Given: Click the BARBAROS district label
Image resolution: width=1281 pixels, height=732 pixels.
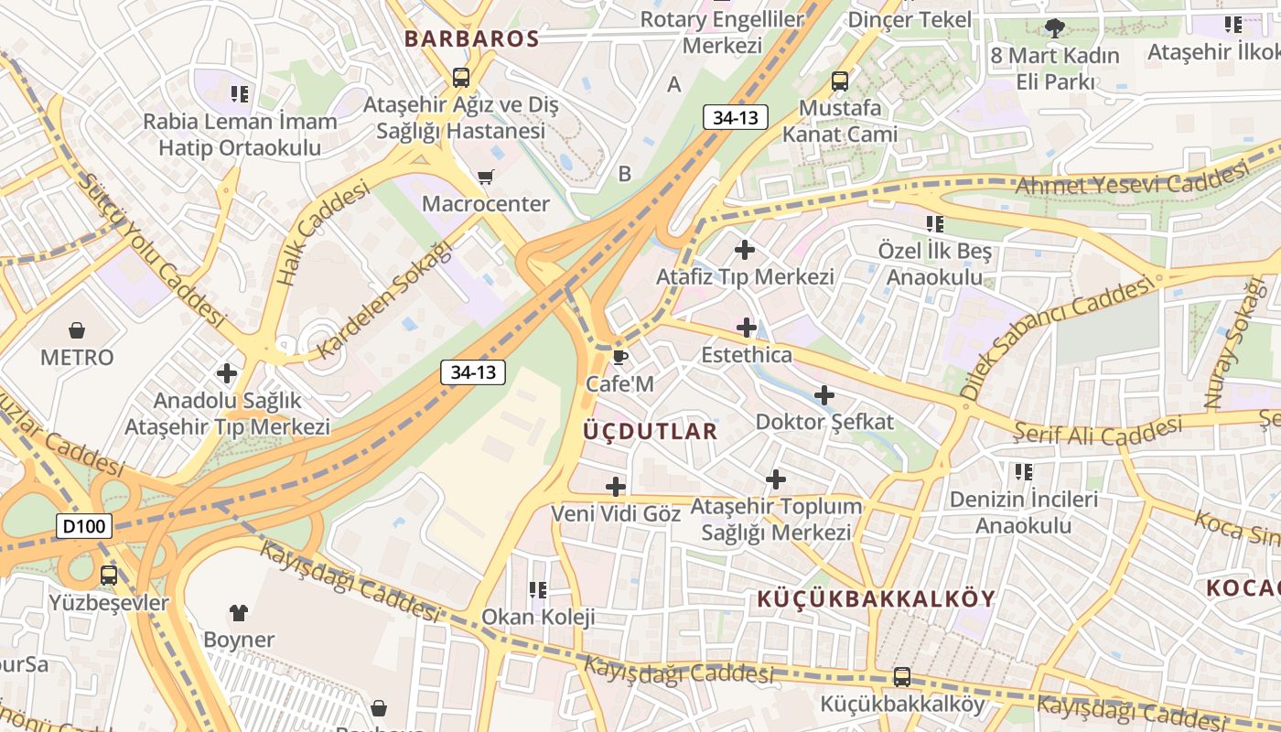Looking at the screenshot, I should pos(471,39).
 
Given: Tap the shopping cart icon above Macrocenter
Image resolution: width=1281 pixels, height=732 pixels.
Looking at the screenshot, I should pos(485,177).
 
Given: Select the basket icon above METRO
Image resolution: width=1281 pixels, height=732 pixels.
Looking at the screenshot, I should pos(77,329).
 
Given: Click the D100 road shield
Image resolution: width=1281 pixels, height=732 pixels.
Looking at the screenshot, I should pos(84,526).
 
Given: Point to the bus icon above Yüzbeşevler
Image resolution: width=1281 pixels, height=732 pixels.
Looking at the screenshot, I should pos(109,576).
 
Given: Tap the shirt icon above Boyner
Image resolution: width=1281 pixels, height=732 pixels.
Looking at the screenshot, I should pos(239,612).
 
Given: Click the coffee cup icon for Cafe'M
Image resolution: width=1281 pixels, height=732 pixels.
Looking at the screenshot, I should pos(619,357).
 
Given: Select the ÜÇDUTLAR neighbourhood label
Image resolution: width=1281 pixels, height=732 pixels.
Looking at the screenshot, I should pos(651,431).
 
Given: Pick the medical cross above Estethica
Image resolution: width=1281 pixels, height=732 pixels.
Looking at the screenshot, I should pos(747,327).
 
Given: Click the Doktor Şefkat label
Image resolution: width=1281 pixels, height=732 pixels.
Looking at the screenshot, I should pos(824,422).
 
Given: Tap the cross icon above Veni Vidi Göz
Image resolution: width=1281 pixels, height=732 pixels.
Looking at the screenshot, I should pos(616,486).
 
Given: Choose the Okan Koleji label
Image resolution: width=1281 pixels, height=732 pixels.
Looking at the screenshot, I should pos(538,617).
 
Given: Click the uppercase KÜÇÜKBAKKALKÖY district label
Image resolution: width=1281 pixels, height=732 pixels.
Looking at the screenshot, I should pos(876,599).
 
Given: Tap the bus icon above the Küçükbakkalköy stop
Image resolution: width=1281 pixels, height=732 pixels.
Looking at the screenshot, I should pos(902,677).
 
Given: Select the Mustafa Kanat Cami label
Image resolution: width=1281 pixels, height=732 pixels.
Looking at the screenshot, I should pos(839,121).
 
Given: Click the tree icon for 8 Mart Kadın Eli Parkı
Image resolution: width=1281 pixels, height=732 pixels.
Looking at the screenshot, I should pos(1055,27).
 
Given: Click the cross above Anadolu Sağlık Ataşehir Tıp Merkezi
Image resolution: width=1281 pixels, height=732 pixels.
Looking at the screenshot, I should pos(226,373).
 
